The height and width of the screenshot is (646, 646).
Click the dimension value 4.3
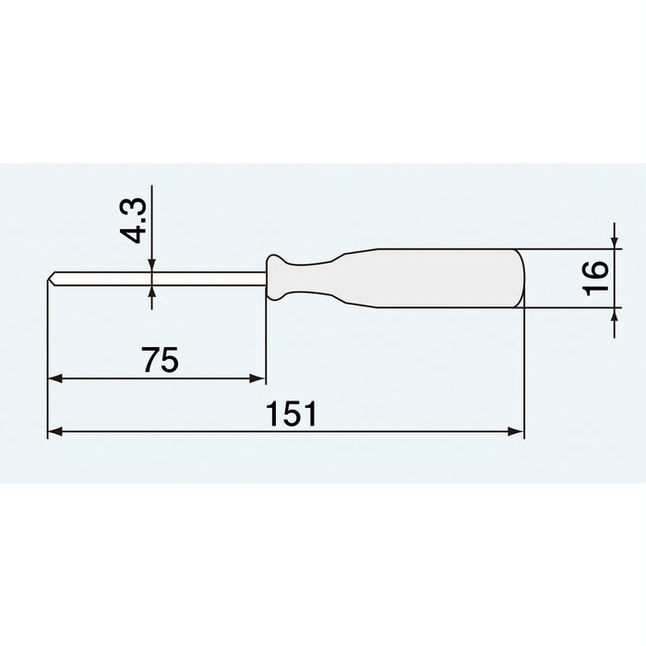coord(136,218)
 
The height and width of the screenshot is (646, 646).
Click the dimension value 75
coord(160,360)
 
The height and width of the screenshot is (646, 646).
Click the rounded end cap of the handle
coord(520,278)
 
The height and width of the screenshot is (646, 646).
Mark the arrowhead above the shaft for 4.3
coord(152,266)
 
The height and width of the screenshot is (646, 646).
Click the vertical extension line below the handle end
coord(523,369)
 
